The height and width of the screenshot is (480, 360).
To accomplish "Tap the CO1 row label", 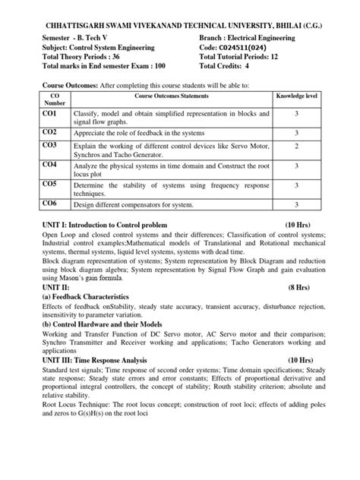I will (49, 113).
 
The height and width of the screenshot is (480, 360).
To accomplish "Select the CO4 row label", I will (49, 164).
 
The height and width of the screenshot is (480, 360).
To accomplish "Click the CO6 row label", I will (49, 204).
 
